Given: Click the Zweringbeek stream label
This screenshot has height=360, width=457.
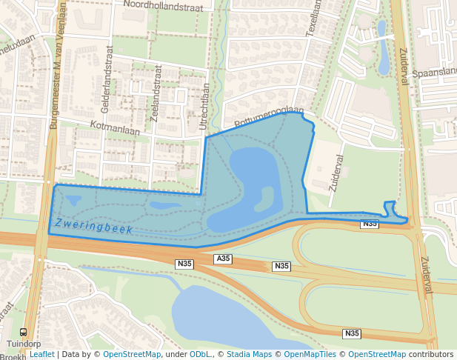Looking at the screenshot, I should pyautogui.click(x=93, y=227).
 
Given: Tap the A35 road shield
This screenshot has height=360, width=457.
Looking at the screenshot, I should pyautogui.click(x=223, y=259).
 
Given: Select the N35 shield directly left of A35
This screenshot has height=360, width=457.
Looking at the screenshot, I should pyautogui.click(x=184, y=264).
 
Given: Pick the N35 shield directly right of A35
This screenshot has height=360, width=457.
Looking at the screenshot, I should pyautogui.click(x=281, y=266).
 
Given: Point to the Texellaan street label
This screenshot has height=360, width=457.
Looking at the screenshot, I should pyautogui.click(x=314, y=19).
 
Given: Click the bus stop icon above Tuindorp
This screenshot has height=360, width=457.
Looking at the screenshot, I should pyautogui.click(x=23, y=333).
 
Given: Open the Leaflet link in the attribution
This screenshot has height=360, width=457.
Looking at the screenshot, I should pyautogui.click(x=41, y=354).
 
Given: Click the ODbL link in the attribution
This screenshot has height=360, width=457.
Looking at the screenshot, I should pyautogui.click(x=200, y=354).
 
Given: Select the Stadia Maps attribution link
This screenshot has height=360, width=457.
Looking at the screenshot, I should pyautogui.click(x=249, y=354).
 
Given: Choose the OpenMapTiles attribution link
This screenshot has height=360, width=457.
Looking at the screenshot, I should pyautogui.click(x=311, y=354).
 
